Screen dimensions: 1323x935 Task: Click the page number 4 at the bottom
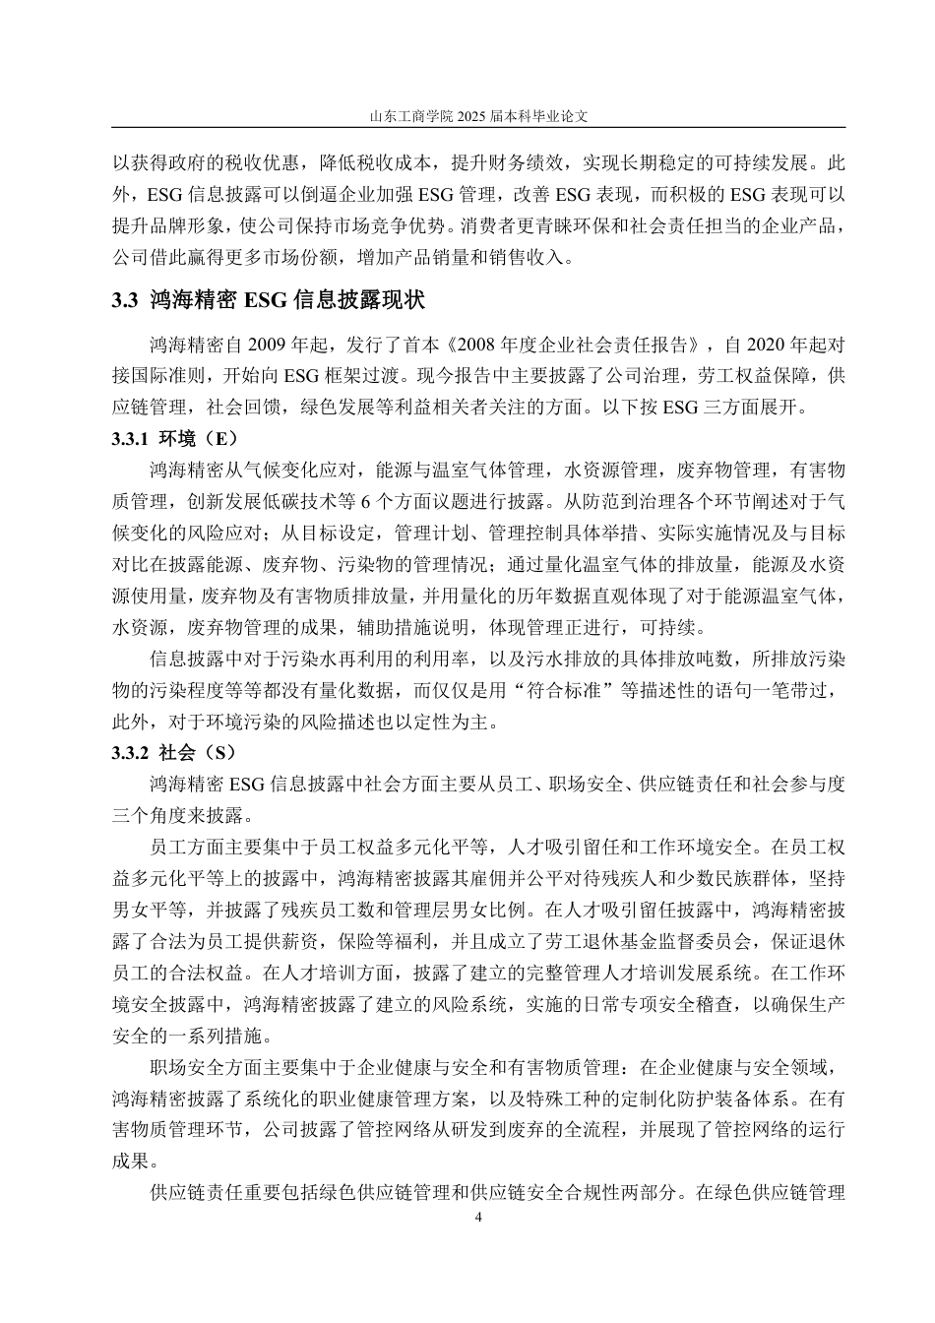[478, 1218]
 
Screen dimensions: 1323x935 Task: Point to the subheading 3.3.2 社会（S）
[175, 753]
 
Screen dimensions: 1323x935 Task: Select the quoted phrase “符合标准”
[570, 690]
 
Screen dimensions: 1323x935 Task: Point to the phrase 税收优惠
[257, 160]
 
